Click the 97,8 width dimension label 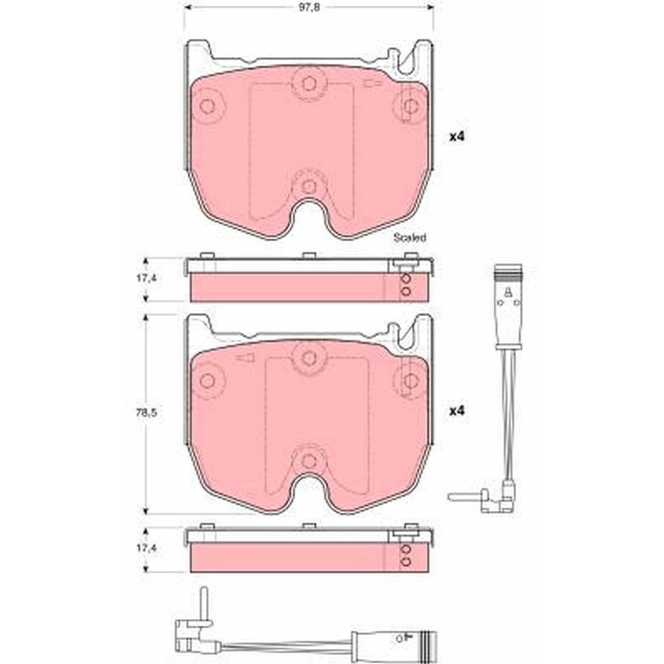point(309,7)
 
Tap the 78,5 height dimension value point(147,412)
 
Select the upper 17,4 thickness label point(147,278)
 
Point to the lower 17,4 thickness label point(147,548)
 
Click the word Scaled point(409,237)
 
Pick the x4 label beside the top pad point(457,137)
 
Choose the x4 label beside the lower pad point(457,411)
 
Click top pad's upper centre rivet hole point(309,84)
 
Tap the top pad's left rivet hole point(207,106)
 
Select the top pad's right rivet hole point(410,106)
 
